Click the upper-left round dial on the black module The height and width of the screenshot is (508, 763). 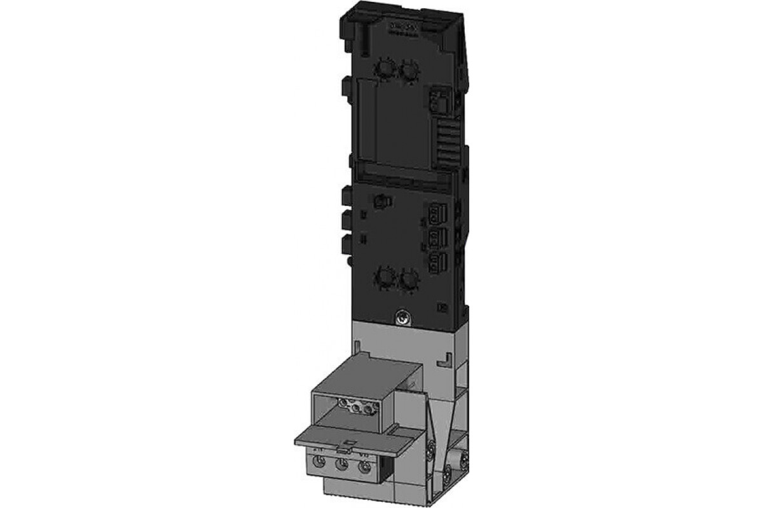(384, 67)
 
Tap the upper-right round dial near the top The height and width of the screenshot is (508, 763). (408, 69)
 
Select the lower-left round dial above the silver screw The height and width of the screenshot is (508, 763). (384, 277)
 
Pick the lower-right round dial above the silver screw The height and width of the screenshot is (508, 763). (408, 278)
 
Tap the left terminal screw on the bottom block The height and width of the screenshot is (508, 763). (319, 465)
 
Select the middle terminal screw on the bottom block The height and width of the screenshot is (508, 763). (342, 467)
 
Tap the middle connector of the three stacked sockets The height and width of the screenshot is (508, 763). (436, 238)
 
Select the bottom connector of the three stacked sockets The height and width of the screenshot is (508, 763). (436, 260)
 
